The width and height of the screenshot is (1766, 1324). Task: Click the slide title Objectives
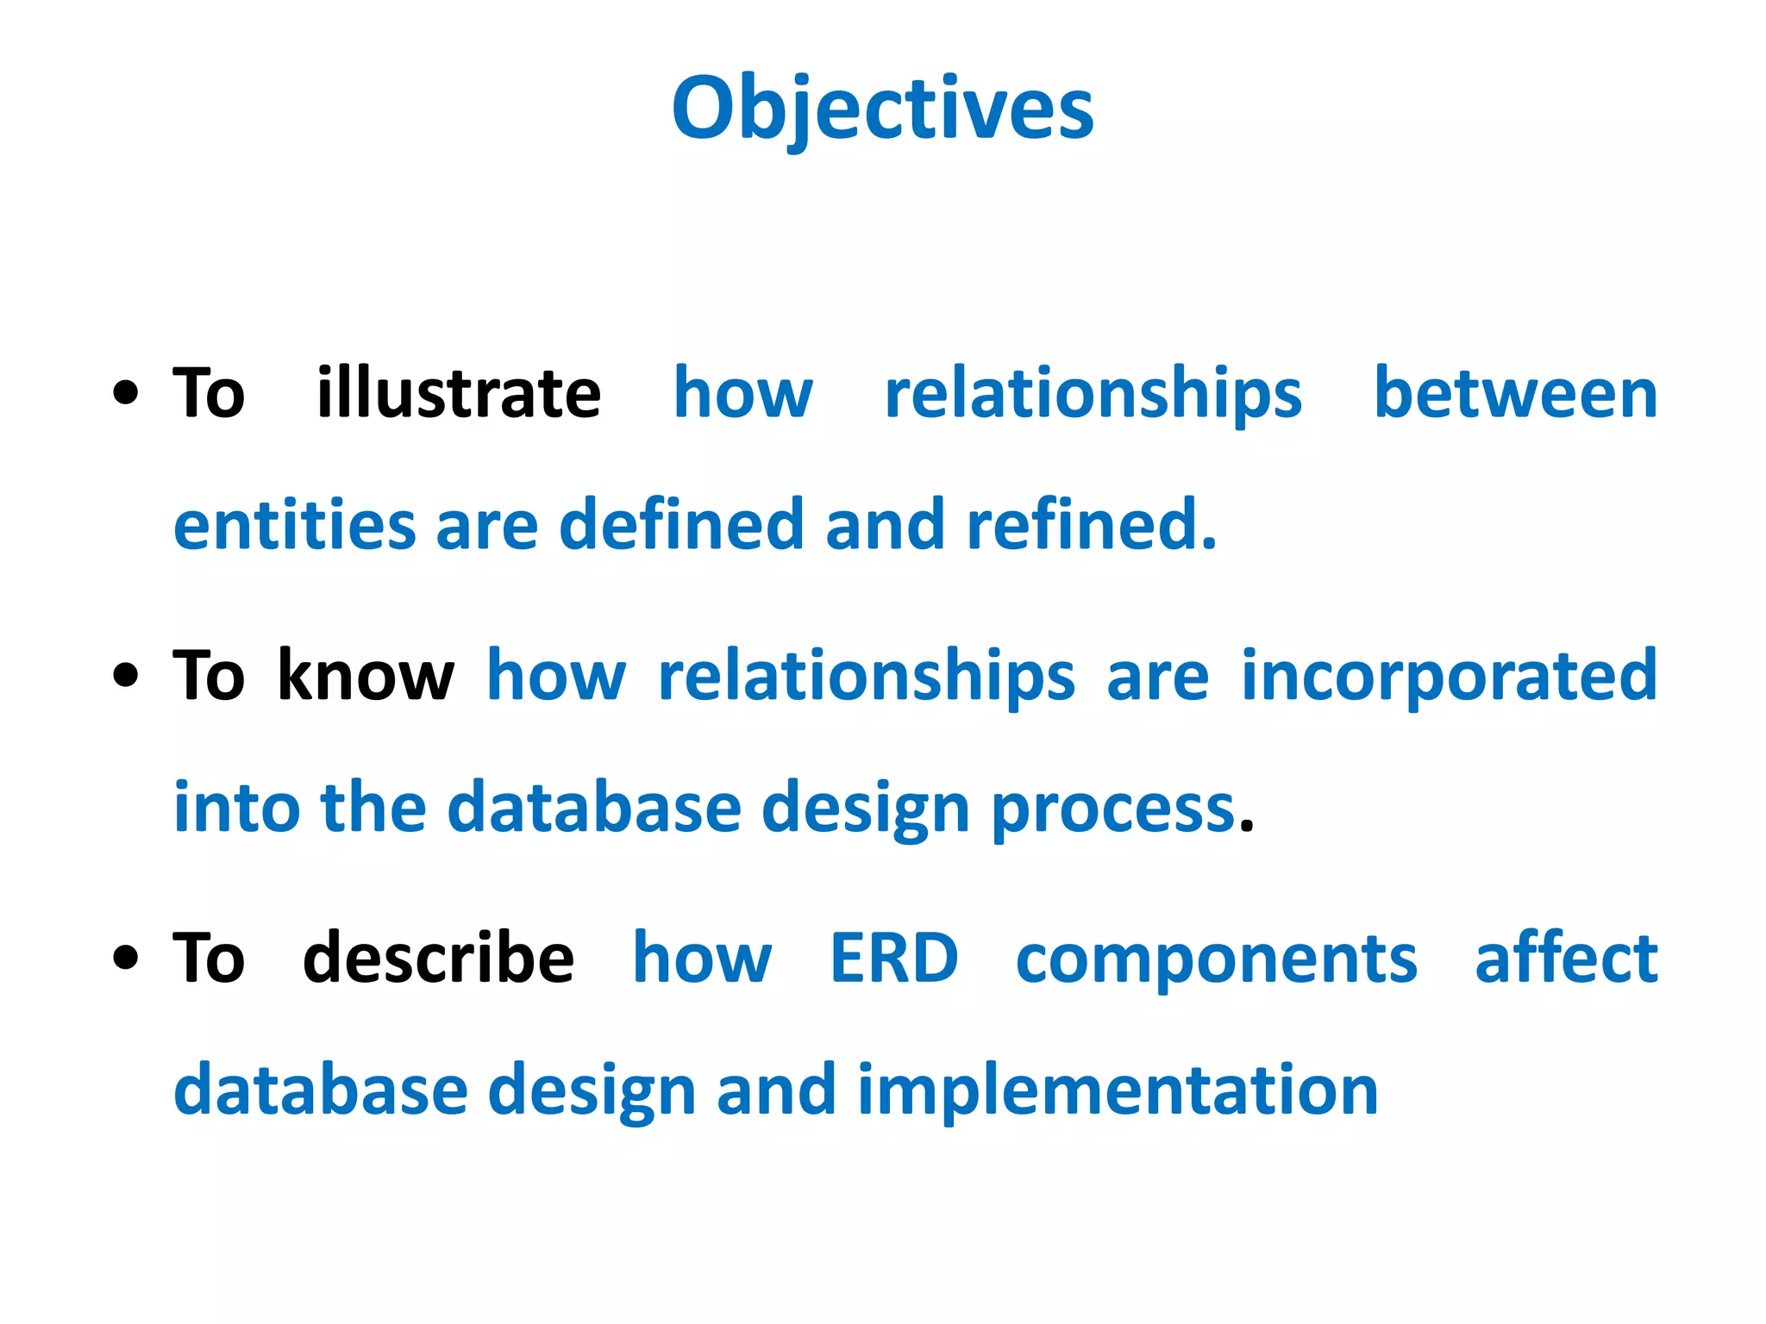(x=882, y=109)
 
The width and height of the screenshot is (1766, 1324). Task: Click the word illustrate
(x=458, y=394)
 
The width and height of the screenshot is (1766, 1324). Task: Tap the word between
(x=1515, y=394)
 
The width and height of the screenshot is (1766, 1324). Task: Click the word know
(x=366, y=677)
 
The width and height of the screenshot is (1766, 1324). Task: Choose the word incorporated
(x=1449, y=677)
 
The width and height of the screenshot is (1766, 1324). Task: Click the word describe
(x=438, y=959)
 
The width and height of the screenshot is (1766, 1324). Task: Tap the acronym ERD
(x=893, y=959)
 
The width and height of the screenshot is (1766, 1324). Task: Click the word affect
(x=1566, y=959)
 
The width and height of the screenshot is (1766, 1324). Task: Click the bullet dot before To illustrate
(x=126, y=394)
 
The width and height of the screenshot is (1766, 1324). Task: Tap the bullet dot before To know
(x=126, y=677)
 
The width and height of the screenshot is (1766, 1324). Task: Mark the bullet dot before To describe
(x=126, y=959)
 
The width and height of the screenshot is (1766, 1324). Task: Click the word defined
(x=681, y=526)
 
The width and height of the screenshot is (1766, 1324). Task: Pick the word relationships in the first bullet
(x=1093, y=394)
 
